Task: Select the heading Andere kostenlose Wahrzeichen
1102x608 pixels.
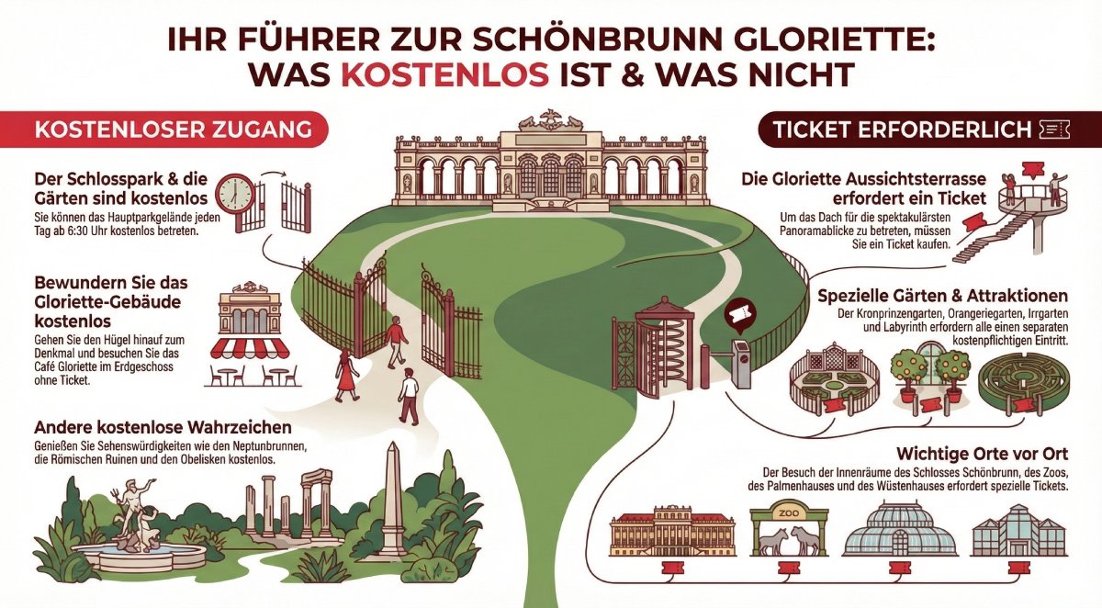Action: pyautogui.click(x=163, y=428)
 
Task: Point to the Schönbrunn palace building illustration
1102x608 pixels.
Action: pyautogui.click(x=674, y=532)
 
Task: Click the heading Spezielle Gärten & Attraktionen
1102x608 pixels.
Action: pyautogui.click(x=942, y=297)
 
